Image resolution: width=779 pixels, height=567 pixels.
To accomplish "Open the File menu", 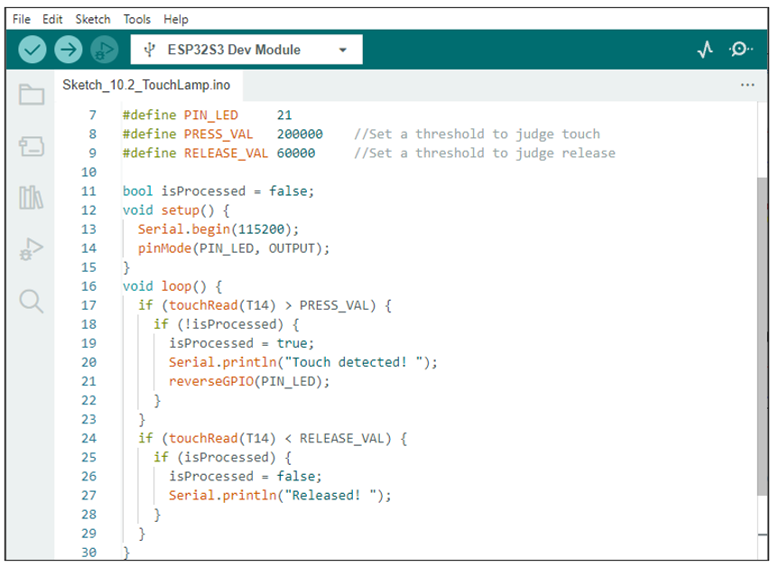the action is point(22,19).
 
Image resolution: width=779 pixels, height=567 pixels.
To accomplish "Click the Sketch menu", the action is point(93,19).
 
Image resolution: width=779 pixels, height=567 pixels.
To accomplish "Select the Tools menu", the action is point(136,19).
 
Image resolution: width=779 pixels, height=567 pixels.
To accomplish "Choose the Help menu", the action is point(176,19).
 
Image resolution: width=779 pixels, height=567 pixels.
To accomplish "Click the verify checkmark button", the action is point(32,50).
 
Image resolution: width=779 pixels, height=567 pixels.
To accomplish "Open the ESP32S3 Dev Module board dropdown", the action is point(246,50).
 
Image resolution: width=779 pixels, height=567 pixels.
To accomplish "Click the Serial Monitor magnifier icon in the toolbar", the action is point(741,49).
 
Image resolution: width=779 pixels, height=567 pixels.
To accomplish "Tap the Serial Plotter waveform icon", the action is point(705,49).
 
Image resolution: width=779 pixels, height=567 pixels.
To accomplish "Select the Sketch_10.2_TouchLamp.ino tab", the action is point(146,85).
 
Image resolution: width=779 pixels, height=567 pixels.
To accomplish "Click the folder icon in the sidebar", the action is point(32,94).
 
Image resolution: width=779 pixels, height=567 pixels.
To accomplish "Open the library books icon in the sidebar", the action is point(31,198).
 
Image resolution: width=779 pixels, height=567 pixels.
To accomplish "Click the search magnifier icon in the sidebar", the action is point(32,301).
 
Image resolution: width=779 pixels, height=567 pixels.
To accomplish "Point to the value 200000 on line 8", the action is point(300,135).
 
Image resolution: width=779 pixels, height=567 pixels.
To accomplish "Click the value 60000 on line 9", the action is point(295,153).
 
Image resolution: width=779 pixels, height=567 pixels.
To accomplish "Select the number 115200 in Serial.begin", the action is point(261,229).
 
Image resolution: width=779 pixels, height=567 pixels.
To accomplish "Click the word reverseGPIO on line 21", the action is point(211,381).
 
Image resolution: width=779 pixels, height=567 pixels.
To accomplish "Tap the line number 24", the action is point(89,438).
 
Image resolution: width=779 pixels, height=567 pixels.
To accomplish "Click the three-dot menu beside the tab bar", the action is point(747,85).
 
